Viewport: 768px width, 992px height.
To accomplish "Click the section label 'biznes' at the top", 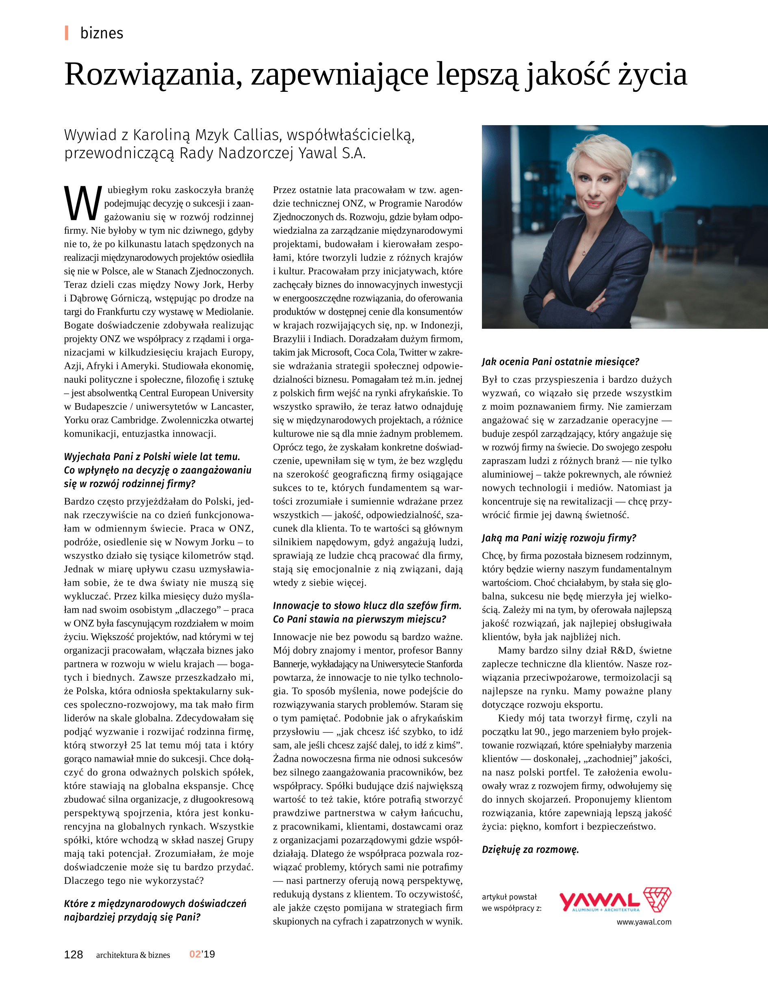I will [101, 33].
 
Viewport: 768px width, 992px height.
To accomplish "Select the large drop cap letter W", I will [82, 204].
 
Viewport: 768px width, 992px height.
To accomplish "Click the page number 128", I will [73, 954].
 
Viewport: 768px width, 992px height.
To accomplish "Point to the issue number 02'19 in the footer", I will [202, 954].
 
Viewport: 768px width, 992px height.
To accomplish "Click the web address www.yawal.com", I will [644, 922].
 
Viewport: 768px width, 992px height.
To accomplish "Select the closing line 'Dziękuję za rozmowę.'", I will [530, 849].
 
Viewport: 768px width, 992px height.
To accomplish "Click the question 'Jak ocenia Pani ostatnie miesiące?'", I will [560, 362].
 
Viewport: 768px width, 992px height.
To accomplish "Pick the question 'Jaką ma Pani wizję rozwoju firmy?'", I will [559, 538].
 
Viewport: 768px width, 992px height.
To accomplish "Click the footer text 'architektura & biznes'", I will [133, 955].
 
